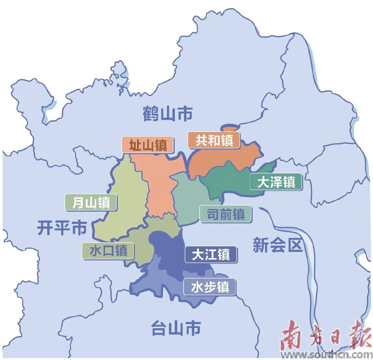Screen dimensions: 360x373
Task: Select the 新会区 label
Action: coord(277,245)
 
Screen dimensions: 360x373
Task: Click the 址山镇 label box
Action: coord(148,145)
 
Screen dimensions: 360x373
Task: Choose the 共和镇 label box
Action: coord(214,140)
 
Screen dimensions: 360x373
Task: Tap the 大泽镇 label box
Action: coord(276,182)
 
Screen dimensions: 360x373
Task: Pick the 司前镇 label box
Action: coord(225,215)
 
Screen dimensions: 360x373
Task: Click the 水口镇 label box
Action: coord(108,251)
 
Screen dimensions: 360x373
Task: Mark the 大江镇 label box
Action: coord(211,255)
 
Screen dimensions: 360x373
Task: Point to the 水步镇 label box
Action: coord(210,287)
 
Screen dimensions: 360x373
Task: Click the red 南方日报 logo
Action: coord(324,336)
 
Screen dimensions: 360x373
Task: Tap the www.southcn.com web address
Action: coord(327,355)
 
